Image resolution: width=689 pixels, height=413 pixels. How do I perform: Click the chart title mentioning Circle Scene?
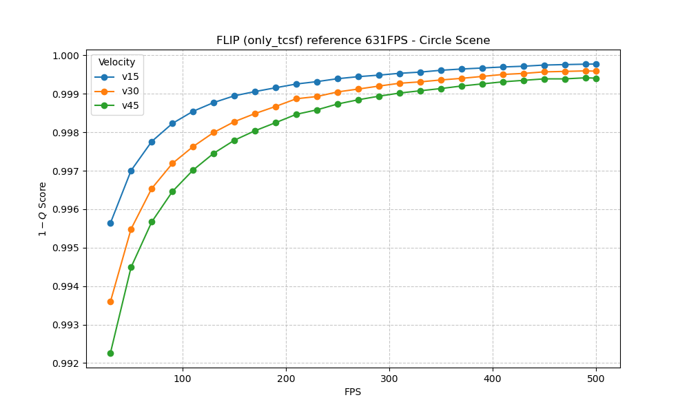(353, 41)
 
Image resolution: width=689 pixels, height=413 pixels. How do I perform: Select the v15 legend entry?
(130, 76)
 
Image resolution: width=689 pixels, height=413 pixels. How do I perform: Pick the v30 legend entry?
(130, 91)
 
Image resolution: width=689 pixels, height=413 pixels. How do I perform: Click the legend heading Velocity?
(117, 62)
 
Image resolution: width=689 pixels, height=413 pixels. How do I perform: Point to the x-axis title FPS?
(353, 392)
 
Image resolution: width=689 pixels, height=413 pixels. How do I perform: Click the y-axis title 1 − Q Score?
(43, 209)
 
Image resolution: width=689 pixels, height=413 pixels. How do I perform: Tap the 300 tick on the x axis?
(389, 378)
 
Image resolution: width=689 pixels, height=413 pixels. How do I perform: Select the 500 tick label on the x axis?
(596, 378)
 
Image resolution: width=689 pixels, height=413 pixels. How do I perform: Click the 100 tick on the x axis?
(183, 378)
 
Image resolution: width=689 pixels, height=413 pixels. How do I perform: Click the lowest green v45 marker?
(110, 353)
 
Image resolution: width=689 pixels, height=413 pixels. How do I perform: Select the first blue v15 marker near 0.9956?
(110, 223)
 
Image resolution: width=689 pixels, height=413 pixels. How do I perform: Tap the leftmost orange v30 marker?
(110, 301)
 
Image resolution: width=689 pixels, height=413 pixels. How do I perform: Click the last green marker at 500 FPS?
(596, 78)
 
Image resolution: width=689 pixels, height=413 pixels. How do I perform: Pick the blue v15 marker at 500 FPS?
(596, 64)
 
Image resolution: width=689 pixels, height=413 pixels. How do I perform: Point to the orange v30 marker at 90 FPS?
(172, 163)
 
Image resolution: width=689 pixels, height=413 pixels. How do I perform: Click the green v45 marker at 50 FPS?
(131, 267)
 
